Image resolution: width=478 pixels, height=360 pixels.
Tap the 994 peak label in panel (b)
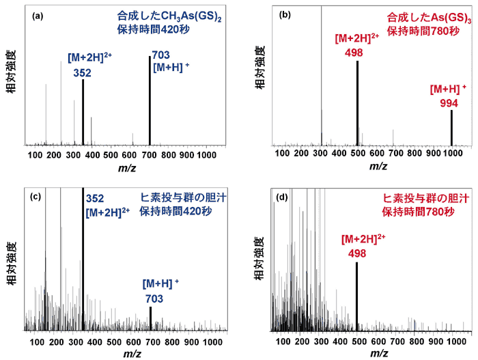coord(449,102)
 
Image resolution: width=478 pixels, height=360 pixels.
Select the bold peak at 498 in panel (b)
coord(357,102)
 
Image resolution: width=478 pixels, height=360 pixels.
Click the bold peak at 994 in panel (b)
coord(451,127)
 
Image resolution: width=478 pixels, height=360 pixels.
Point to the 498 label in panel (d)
coord(358,253)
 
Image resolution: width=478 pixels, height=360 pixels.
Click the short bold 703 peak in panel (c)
coord(150,318)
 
